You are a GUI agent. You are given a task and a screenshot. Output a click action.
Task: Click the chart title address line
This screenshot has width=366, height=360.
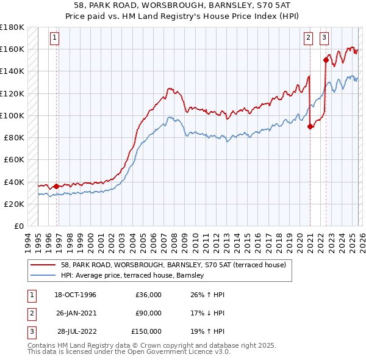tap(183, 4)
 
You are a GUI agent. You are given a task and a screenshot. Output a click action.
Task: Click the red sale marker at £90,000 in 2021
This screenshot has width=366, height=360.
tap(310, 127)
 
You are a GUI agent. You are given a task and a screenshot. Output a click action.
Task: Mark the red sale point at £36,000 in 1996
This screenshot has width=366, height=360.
tap(57, 186)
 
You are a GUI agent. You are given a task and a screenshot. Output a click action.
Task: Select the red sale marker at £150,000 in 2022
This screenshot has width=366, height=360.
tap(326, 60)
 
